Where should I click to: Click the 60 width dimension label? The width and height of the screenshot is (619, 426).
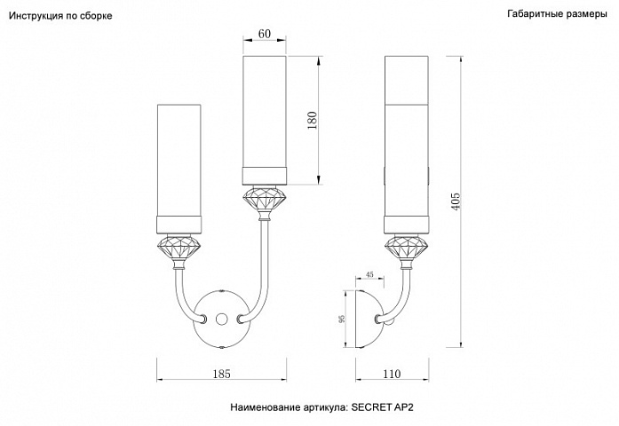pos(265,34)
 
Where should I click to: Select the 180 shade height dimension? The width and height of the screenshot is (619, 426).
pos(313,121)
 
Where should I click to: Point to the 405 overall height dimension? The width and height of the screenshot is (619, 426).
pos(456,201)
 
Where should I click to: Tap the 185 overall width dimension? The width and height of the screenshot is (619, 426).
pos(221,374)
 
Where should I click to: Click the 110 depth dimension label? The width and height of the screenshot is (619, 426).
pos(392,374)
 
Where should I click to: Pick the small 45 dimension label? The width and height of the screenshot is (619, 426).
pos(369,274)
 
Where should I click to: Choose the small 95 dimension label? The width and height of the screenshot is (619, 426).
pos(342,319)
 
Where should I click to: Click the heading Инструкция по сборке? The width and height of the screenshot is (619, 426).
pos(60,16)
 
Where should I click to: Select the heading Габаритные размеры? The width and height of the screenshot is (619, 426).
pos(557,14)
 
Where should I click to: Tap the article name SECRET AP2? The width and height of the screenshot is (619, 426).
pos(382,407)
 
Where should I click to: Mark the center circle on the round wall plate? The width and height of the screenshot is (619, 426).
pos(222,319)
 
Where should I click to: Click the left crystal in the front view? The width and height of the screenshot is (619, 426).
pos(179,248)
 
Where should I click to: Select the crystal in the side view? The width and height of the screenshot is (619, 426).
pos(407,248)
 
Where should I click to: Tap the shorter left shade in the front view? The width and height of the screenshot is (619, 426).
pos(179,170)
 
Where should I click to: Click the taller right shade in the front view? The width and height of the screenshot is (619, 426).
pos(265,121)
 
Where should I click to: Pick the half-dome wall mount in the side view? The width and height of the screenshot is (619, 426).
pos(369,319)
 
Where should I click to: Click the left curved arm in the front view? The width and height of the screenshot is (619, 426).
pos(186,295)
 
